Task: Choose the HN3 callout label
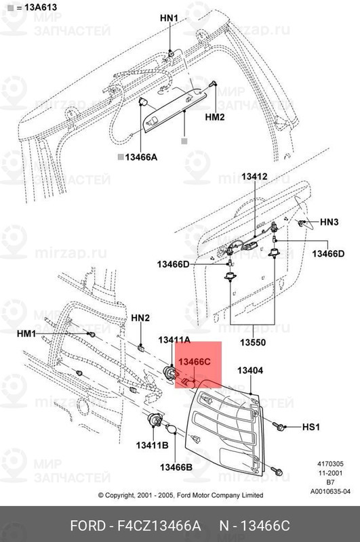(x=329, y=222)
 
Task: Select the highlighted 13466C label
(x=195, y=362)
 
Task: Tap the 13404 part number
(x=249, y=371)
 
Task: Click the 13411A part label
(x=174, y=339)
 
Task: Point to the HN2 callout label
(x=140, y=317)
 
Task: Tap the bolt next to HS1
(x=279, y=426)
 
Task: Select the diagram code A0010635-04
(x=331, y=491)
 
